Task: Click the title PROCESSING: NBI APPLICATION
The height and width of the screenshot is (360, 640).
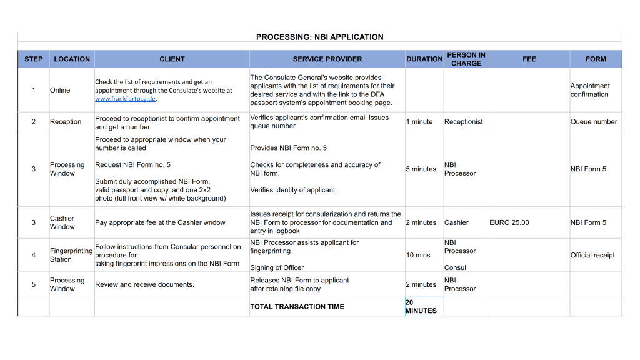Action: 319,37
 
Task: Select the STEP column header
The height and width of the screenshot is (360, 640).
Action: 34,59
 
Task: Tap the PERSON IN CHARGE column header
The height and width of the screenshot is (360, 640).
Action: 466,59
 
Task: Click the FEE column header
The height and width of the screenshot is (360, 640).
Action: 529,59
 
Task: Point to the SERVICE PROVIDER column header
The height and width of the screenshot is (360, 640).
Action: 327,59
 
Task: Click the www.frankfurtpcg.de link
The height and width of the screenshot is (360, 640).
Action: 125,99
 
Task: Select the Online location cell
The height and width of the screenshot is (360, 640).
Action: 60,90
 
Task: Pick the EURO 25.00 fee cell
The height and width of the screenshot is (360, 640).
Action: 509,222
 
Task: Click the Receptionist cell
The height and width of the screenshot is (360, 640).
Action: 463,122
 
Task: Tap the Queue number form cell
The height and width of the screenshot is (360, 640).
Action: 593,122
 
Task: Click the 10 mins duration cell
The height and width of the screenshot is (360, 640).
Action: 418,255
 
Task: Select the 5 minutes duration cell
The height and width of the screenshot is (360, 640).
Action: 421,169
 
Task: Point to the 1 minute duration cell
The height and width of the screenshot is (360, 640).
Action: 419,122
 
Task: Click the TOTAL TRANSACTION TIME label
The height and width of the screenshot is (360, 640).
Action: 297,307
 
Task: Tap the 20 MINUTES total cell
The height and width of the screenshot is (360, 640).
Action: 421,306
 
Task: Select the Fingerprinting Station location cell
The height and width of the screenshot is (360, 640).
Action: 71,255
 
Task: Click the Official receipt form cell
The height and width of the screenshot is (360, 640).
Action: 592,255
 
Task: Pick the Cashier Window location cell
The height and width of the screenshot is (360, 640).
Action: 62,222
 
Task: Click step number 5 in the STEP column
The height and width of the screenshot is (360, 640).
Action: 34,284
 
